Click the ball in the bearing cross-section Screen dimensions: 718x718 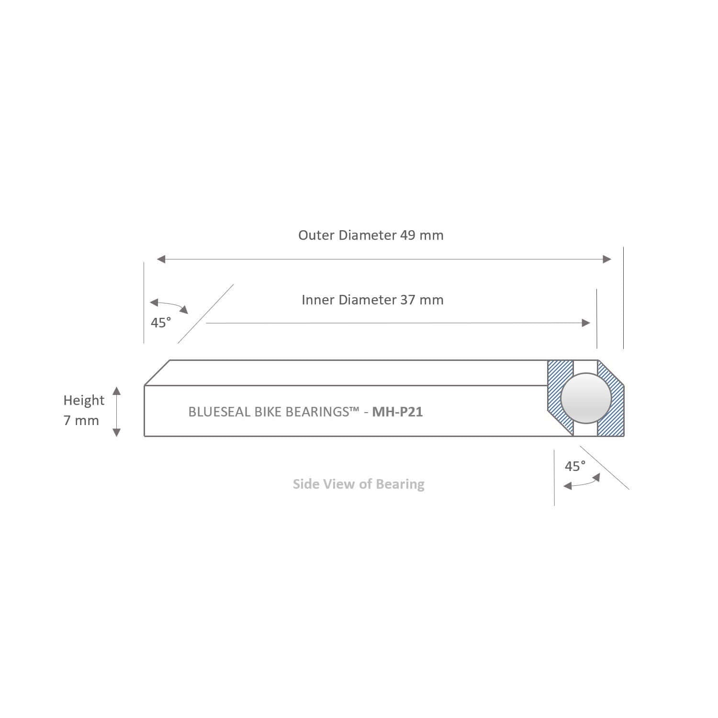tap(585, 399)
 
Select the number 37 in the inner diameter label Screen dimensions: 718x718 tap(408, 300)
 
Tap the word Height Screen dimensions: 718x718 tap(84, 400)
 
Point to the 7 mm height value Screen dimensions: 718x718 tap(81, 421)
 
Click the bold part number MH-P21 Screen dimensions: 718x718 tap(397, 412)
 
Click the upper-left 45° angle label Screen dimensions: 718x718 tap(161, 323)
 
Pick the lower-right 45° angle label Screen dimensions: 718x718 tap(575, 466)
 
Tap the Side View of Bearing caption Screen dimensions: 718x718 tap(359, 484)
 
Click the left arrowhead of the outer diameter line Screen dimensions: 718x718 tap(161, 259)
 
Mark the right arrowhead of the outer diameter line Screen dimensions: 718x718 tap(607, 259)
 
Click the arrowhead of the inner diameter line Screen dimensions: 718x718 tap(585, 323)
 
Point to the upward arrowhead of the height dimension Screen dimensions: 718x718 tap(116, 391)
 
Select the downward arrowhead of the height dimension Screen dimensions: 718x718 tap(116, 432)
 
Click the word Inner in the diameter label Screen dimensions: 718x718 tap(318, 300)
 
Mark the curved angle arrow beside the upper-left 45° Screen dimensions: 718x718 tap(169, 304)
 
